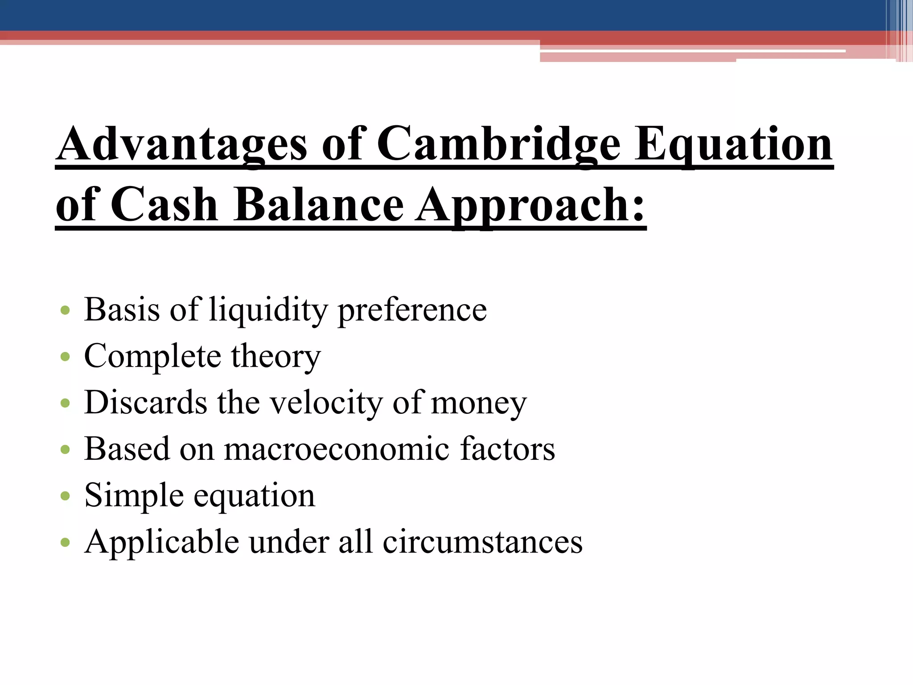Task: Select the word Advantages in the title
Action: point(182,144)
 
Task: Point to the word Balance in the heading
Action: point(319,204)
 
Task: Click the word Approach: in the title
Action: point(531,204)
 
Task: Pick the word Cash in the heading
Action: point(164,204)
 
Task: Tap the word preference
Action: point(412,309)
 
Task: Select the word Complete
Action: point(152,356)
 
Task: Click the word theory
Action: point(276,356)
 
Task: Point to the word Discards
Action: point(145,402)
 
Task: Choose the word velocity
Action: point(326,402)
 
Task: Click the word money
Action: point(479,402)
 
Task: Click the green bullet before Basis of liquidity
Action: point(65,310)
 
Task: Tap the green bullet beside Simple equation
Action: point(65,496)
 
